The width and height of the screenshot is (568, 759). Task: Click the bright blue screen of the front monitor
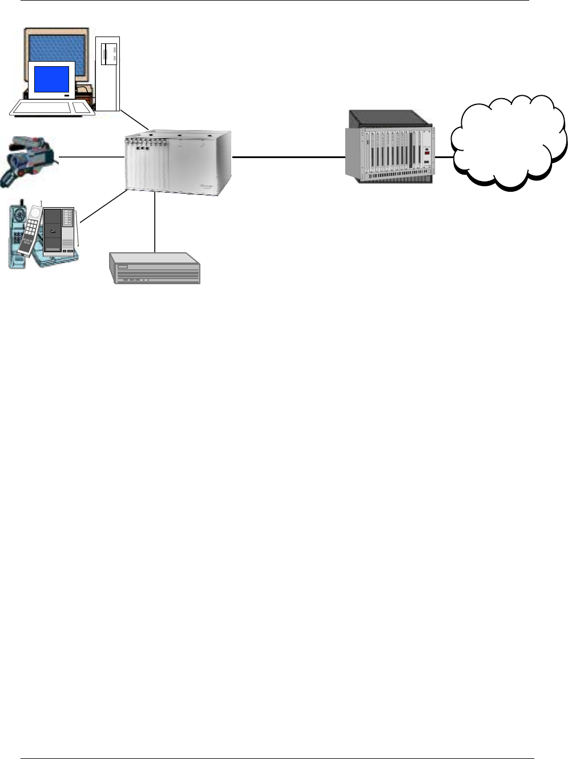tap(51, 79)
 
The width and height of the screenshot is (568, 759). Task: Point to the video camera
tap(29, 159)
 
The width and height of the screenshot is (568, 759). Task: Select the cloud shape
tap(508, 143)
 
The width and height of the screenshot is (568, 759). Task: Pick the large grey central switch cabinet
tap(178, 163)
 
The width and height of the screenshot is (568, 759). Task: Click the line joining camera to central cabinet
tap(91, 156)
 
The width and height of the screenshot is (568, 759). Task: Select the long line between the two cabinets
tap(288, 156)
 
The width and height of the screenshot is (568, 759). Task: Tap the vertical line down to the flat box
tap(155, 223)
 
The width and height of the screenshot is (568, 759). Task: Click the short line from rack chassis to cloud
tap(442, 156)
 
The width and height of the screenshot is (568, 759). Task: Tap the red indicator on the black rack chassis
tap(426, 153)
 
